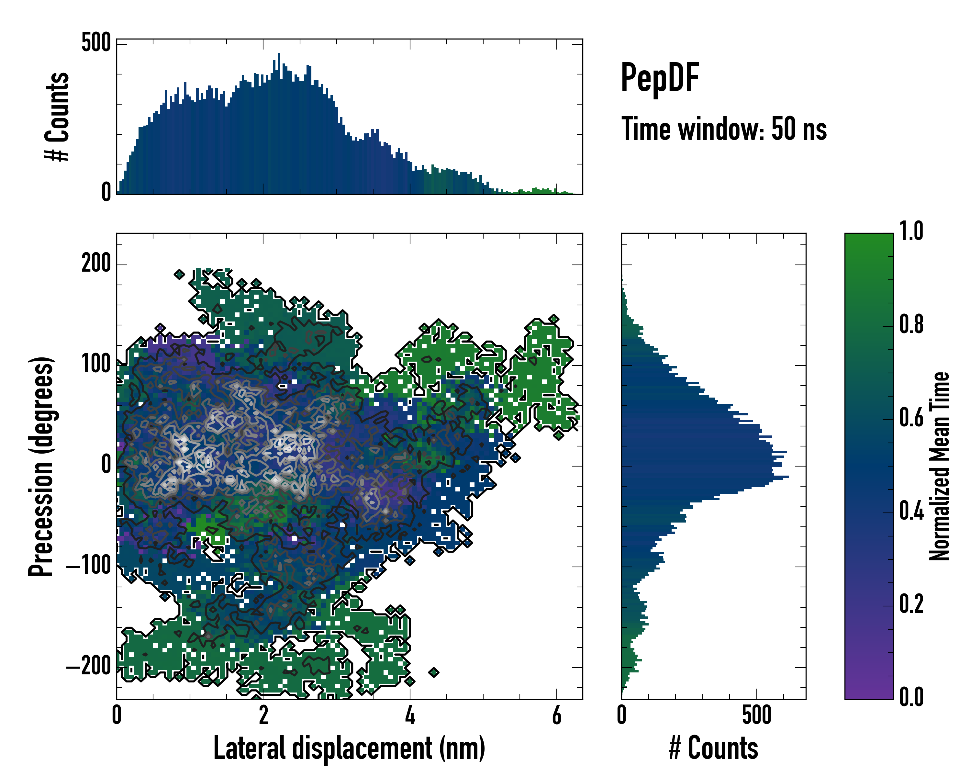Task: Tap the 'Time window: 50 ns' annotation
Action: (724, 129)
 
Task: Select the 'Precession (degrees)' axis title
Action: (41, 466)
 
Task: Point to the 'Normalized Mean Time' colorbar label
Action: (940, 466)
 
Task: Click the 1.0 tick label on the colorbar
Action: (911, 231)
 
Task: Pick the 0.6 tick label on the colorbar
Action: (911, 418)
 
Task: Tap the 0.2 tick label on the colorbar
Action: (911, 604)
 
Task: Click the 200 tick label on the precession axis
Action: (96, 263)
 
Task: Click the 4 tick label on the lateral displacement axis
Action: (410, 715)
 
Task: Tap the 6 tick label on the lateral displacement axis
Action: (557, 715)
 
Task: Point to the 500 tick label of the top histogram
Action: (96, 43)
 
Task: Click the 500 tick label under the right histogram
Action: (757, 715)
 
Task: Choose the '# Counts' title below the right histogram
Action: (713, 748)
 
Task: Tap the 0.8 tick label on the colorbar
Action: (911, 324)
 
